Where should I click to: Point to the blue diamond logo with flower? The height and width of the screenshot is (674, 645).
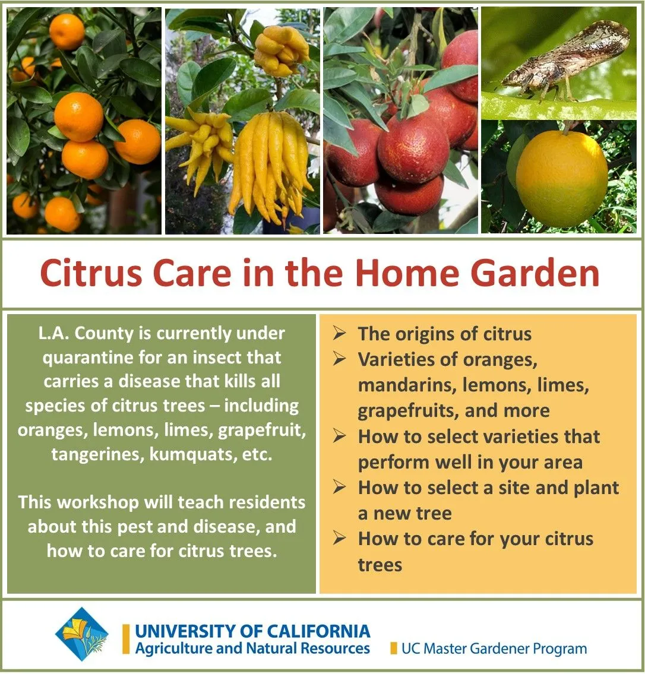82,634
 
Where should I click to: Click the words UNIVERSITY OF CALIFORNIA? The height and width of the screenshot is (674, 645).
252,631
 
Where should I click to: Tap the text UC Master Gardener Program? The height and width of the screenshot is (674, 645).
494,648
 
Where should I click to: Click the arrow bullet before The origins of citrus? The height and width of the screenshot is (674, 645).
339,334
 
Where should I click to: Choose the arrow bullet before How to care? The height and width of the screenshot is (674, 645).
339,539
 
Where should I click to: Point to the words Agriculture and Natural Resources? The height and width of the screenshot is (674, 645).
252,647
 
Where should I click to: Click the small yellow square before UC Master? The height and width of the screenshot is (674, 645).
393,648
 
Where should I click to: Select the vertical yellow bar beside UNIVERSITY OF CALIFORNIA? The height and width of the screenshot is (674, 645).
126,639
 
